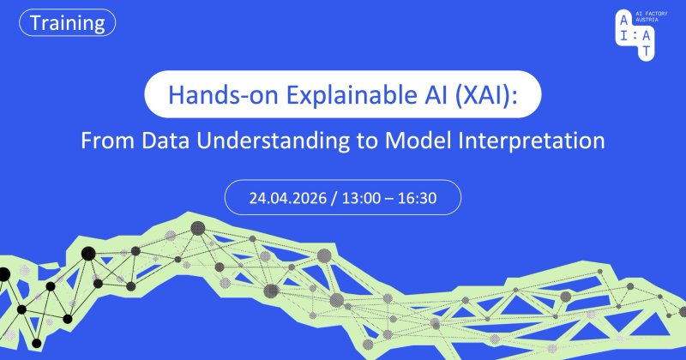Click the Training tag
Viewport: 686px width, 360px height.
pyautogui.click(x=68, y=23)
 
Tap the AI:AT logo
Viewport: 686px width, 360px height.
pyautogui.click(x=635, y=34)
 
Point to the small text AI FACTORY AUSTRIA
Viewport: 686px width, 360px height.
pyautogui.click(x=652, y=16)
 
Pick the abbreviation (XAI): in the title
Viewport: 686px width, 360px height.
pyautogui.click(x=486, y=95)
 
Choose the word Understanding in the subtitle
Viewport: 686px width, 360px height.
pyautogui.click(x=273, y=141)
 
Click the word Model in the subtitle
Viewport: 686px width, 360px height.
pyautogui.click(x=418, y=141)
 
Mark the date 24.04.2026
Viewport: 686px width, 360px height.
pyautogui.click(x=288, y=198)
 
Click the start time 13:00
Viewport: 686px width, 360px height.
pyautogui.click(x=361, y=198)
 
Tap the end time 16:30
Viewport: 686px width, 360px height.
pyautogui.click(x=417, y=198)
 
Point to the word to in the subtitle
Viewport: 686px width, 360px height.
pyautogui.click(x=367, y=141)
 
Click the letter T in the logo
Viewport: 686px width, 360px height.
pyautogui.click(x=647, y=51)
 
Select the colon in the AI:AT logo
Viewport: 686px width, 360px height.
pyautogui.click(x=635, y=36)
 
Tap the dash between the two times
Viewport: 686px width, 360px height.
pyautogui.click(x=389, y=199)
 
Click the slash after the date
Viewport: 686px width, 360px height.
pyautogui.click(x=334, y=199)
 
